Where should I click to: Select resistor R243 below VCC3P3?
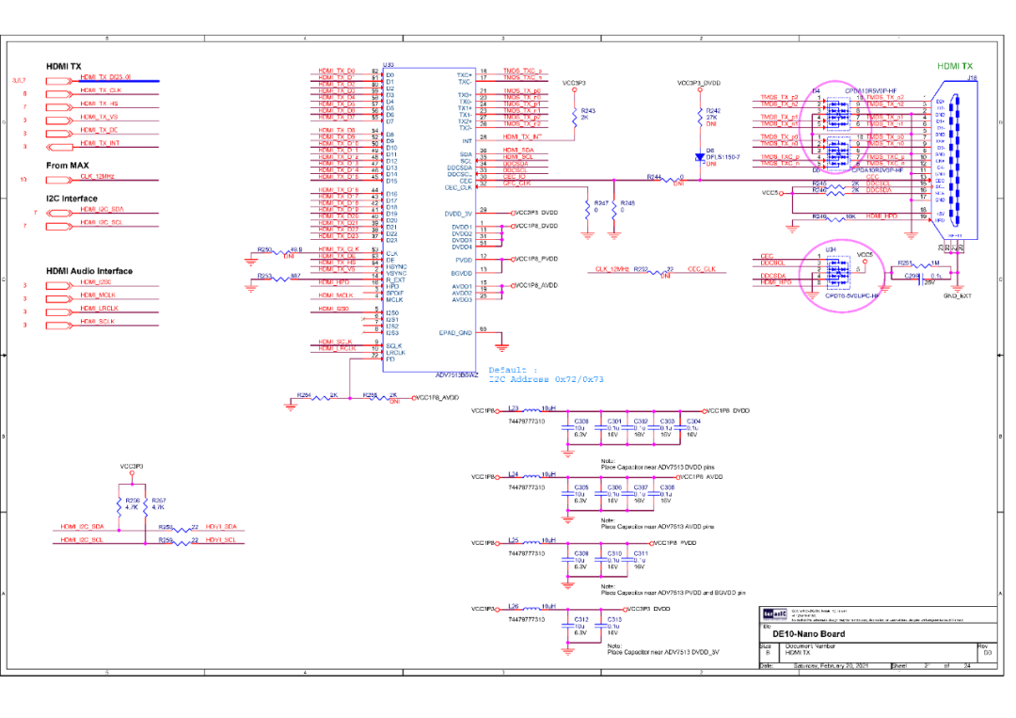[573, 115]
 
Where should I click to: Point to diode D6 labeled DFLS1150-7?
[699, 157]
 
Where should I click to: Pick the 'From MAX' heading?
[68, 165]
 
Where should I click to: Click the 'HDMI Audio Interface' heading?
[89, 271]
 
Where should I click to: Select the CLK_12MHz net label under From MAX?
[98, 177]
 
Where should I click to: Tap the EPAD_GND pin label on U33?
[457, 332]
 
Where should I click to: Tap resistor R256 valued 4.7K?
[119, 504]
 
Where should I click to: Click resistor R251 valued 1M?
[904, 264]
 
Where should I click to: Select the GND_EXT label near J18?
[957, 295]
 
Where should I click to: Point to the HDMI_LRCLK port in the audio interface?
[57, 308]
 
